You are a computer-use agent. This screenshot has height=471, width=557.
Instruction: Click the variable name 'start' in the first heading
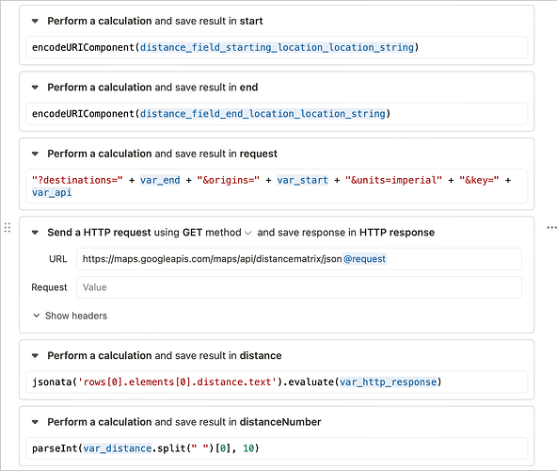(251, 21)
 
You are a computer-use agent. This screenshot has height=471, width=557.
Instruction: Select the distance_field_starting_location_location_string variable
(277, 47)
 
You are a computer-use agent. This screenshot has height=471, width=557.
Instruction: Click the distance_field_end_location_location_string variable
(263, 113)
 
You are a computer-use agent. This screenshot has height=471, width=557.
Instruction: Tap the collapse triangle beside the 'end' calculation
(35, 88)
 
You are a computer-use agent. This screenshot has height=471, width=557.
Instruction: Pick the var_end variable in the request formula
(160, 180)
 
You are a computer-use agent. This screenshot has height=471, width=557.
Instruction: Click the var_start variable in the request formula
(303, 180)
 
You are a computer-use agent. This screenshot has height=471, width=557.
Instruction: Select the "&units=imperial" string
(393, 180)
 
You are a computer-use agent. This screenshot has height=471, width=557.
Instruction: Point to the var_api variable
(52, 192)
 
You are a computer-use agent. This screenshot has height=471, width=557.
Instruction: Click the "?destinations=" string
(77, 180)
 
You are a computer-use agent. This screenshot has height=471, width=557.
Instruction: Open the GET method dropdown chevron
(248, 233)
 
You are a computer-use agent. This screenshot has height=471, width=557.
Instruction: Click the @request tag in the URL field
(365, 259)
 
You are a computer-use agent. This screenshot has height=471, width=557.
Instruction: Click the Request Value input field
(299, 287)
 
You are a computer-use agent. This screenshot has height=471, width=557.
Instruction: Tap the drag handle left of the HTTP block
(8, 227)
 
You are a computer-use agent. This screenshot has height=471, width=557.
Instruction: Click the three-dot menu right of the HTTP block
(551, 227)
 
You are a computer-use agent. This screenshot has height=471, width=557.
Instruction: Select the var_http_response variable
(388, 382)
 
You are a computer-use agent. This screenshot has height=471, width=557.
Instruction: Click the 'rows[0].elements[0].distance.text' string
(177, 382)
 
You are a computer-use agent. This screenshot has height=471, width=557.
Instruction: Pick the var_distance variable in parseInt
(118, 448)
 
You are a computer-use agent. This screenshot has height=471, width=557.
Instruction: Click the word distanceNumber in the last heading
(280, 422)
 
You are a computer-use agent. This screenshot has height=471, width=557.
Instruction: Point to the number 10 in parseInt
(248, 448)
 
